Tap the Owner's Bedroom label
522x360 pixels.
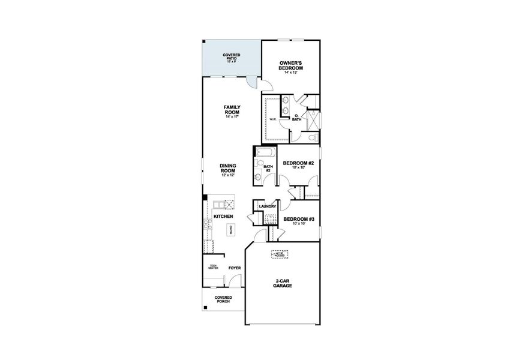tap(291, 66)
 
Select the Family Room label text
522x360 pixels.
tap(232, 110)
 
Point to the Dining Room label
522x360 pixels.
tap(227, 169)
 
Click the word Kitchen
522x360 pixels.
tap(223, 216)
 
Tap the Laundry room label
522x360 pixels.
tap(268, 206)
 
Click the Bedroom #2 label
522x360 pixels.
tap(299, 163)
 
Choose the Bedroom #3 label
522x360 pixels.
tap(299, 219)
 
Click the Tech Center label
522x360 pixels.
tap(212, 268)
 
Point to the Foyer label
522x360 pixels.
tap(235, 269)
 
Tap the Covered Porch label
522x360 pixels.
tap(223, 299)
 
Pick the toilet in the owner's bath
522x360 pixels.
tap(312, 137)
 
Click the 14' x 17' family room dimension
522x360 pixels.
tap(232, 116)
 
